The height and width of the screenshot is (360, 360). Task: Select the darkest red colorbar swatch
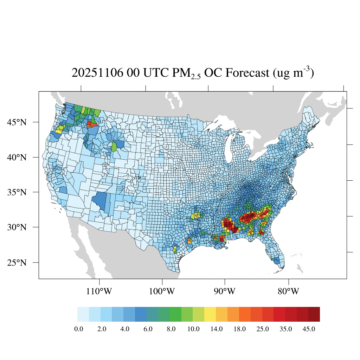pyautogui.click(x=314, y=314)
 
